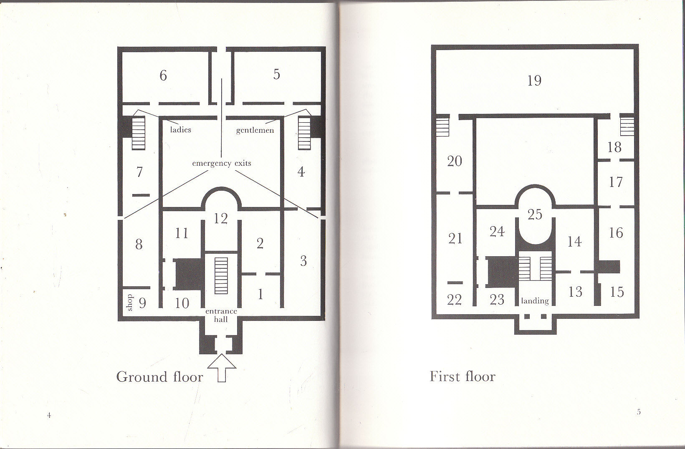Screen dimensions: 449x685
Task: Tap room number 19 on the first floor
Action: [x=534, y=81]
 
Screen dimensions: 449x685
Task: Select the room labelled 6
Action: [x=163, y=76]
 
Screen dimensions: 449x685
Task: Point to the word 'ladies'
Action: [x=180, y=130]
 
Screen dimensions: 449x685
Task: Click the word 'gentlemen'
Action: [x=255, y=130]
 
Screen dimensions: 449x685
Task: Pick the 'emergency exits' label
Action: [x=222, y=163]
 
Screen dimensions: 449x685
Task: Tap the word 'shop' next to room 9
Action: [x=129, y=303]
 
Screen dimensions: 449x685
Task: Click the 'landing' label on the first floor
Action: [x=535, y=300]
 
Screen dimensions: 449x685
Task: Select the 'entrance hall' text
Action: [x=221, y=315]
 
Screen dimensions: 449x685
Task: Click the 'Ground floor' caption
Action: [x=160, y=377]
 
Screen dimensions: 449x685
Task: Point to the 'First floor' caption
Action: [x=463, y=376]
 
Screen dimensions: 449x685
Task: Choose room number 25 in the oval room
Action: [x=535, y=214]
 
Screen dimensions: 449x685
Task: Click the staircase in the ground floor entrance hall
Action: [x=221, y=275]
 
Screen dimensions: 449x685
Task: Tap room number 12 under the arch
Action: [x=221, y=218]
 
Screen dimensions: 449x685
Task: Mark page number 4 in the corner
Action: [x=49, y=415]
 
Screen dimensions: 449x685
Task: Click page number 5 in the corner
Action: [x=639, y=412]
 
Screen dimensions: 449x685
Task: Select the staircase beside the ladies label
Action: [x=139, y=133]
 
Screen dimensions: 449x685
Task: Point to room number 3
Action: [x=303, y=261]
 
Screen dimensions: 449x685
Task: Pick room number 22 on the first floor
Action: [x=455, y=299]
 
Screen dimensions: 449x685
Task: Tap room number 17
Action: [x=616, y=182]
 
